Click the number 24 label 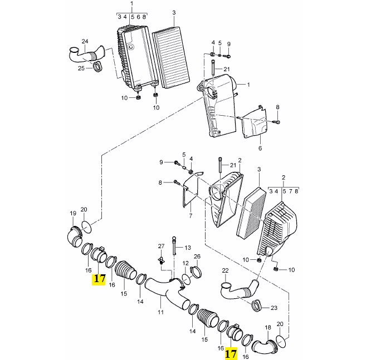pos(85,42)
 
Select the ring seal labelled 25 pos(98,67)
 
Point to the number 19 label pos(73,213)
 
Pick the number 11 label pos(161,312)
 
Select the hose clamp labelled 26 pos(196,272)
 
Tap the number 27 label pos(162,246)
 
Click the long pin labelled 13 pos(174,246)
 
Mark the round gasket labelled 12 pos(186,279)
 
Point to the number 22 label pos(226,270)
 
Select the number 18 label pos(268,328)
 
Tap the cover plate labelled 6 pos(254,122)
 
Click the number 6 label pos(260,148)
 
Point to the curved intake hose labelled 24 pos(86,55)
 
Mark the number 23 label pos(274,308)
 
